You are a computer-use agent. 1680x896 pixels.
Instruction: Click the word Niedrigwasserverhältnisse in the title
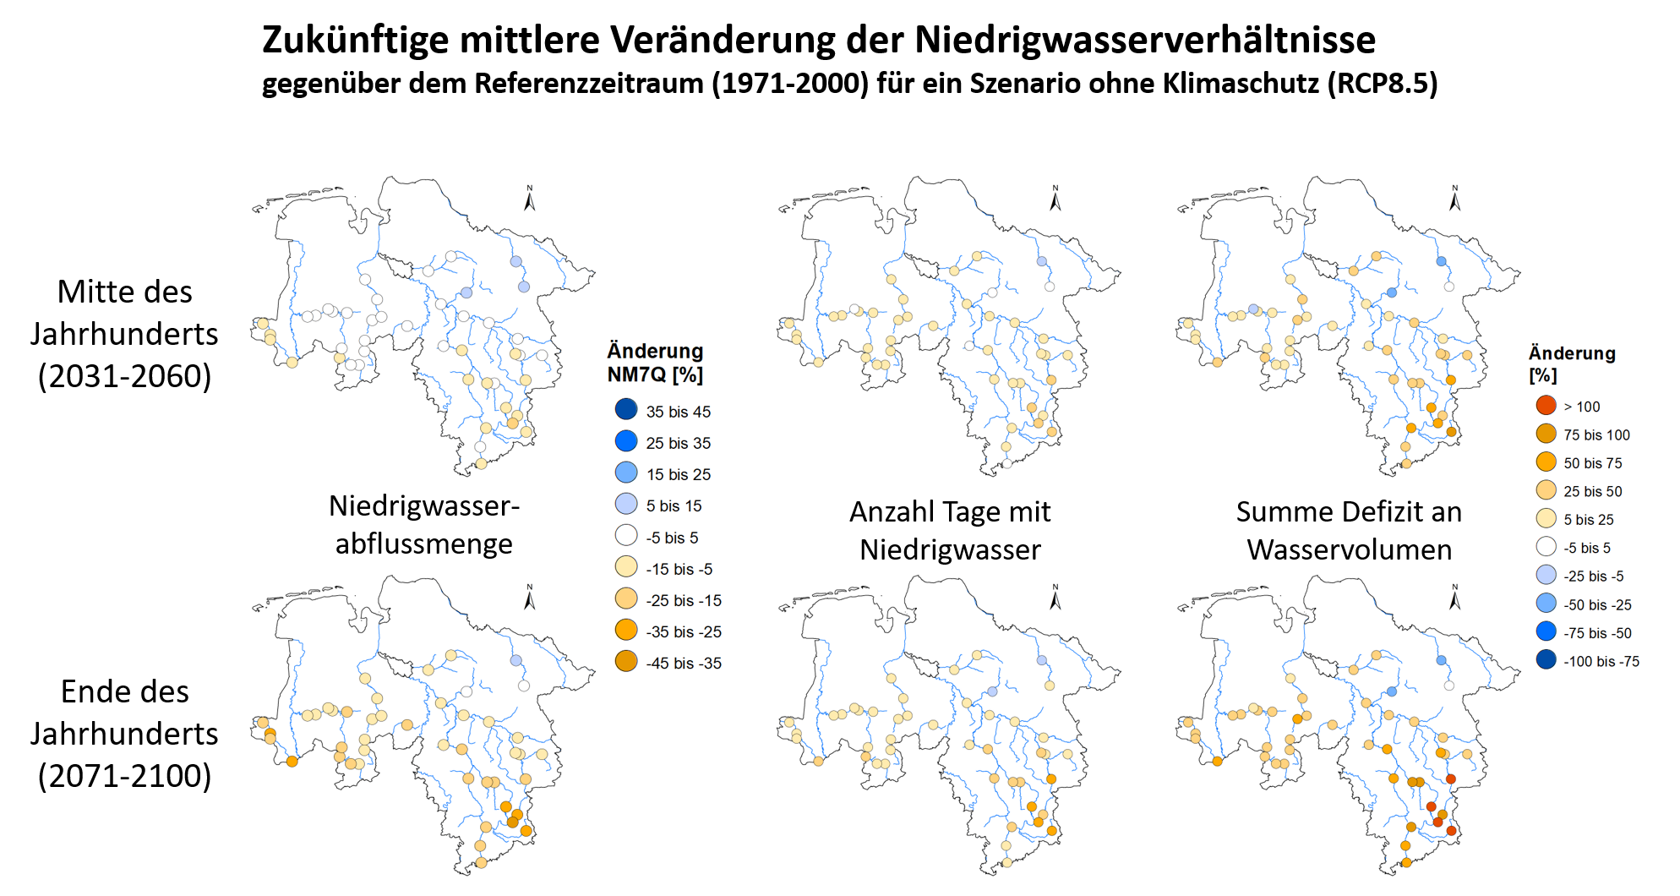coord(1145,40)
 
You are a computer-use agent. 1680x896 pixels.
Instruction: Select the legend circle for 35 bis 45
coord(626,410)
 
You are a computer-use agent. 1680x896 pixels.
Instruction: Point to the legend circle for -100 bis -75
coord(1546,660)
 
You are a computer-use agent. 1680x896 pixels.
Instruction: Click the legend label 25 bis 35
coord(678,443)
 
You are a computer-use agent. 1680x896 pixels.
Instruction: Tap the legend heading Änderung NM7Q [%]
coord(655,362)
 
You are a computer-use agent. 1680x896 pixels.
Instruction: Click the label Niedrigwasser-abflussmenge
coord(423,524)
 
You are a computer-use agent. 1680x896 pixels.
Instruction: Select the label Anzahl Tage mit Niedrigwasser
coord(950,530)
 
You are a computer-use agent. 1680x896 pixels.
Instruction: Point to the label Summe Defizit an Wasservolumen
coord(1349,530)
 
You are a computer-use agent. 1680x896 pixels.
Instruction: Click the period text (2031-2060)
coord(124,376)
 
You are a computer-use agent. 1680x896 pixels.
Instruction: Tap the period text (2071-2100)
coord(124,775)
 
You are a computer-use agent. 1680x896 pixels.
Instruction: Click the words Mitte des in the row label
coord(124,292)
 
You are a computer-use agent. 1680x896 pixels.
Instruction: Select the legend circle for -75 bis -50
coord(1546,631)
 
